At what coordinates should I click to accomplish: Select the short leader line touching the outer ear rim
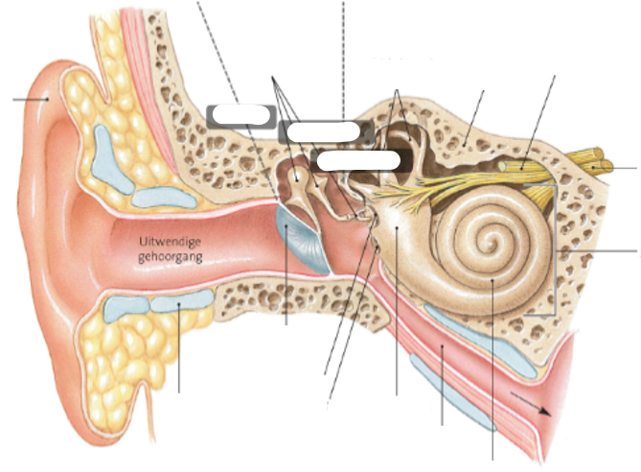pos(29,99)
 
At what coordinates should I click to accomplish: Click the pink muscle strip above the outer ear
pos(140,48)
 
